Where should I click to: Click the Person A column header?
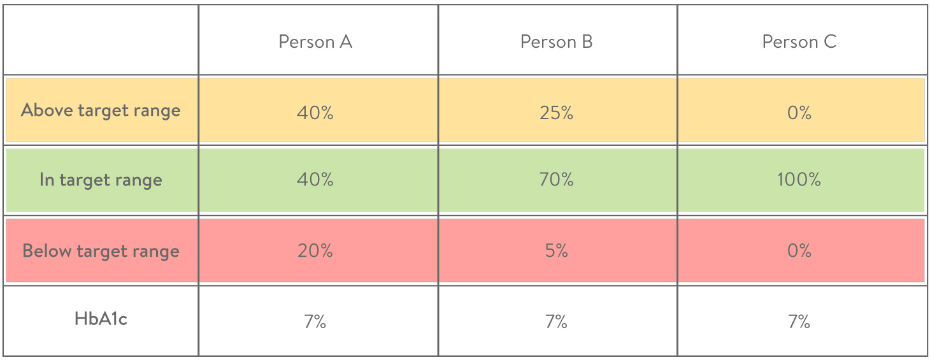[315, 42]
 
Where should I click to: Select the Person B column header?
[556, 42]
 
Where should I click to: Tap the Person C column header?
[799, 42]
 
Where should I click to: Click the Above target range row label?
[101, 110]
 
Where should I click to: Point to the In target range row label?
[101, 180]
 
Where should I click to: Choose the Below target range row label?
[101, 250]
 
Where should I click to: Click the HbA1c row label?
[101, 319]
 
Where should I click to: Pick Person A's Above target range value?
[315, 113]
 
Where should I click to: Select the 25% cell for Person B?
[556, 113]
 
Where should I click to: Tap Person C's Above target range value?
[799, 113]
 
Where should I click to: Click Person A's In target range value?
[315, 180]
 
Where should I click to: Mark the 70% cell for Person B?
[556, 180]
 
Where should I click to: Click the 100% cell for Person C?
[799, 180]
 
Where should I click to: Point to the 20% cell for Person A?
[315, 250]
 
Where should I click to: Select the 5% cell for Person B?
[556, 250]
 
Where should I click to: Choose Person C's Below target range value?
[799, 250]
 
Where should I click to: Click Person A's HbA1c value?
[315, 321]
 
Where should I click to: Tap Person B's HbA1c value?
[556, 321]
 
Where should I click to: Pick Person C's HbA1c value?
[799, 321]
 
